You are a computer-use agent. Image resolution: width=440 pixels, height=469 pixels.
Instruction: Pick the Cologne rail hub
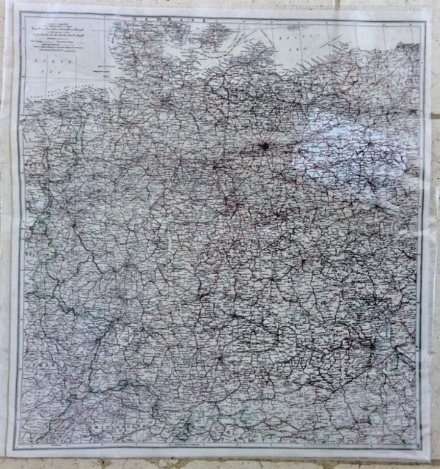[x=73, y=220]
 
